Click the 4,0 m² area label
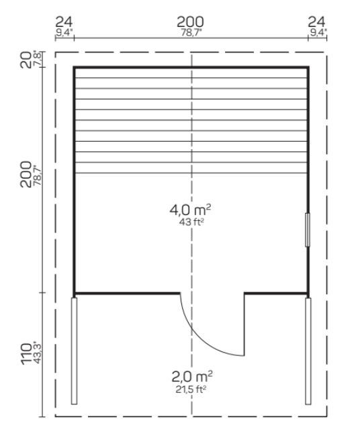[190, 210]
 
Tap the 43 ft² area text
[191, 222]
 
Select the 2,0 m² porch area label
[192, 376]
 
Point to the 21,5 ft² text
[191, 389]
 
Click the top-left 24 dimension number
[64, 22]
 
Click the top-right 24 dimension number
[316, 22]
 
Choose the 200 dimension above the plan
[190, 22]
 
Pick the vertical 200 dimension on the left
[26, 175]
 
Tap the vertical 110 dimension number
[26, 354]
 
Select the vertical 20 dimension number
[26, 60]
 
